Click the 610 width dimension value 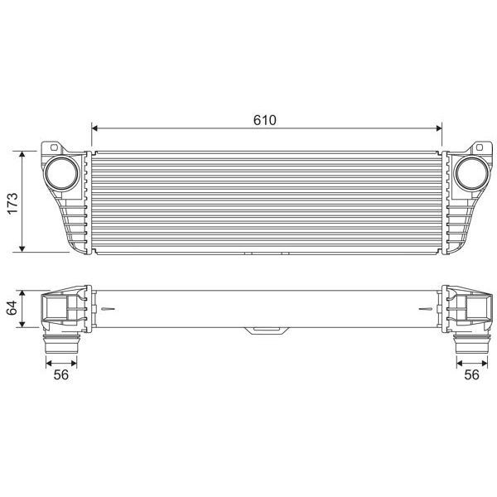click(264, 119)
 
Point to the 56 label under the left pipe click(60, 374)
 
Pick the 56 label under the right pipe click(471, 374)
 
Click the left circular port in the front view click(62, 173)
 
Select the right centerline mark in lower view click(425, 311)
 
